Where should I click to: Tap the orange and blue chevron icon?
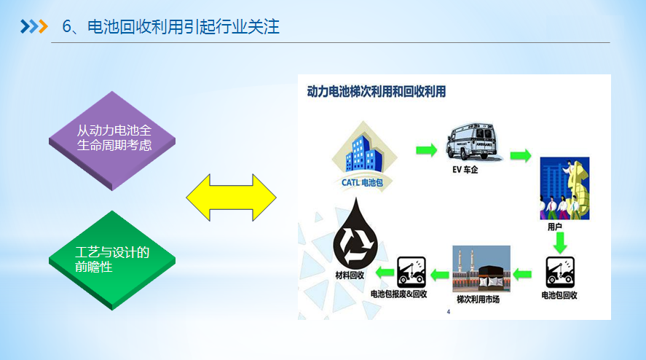[34, 27]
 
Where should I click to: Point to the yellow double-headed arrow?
[231, 197]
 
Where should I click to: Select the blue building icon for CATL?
[365, 152]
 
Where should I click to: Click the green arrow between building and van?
[426, 150]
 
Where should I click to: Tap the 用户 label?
[555, 227]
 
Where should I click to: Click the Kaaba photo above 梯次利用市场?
[481, 268]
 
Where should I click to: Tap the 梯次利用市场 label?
[478, 299]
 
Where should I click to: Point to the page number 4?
[448, 312]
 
